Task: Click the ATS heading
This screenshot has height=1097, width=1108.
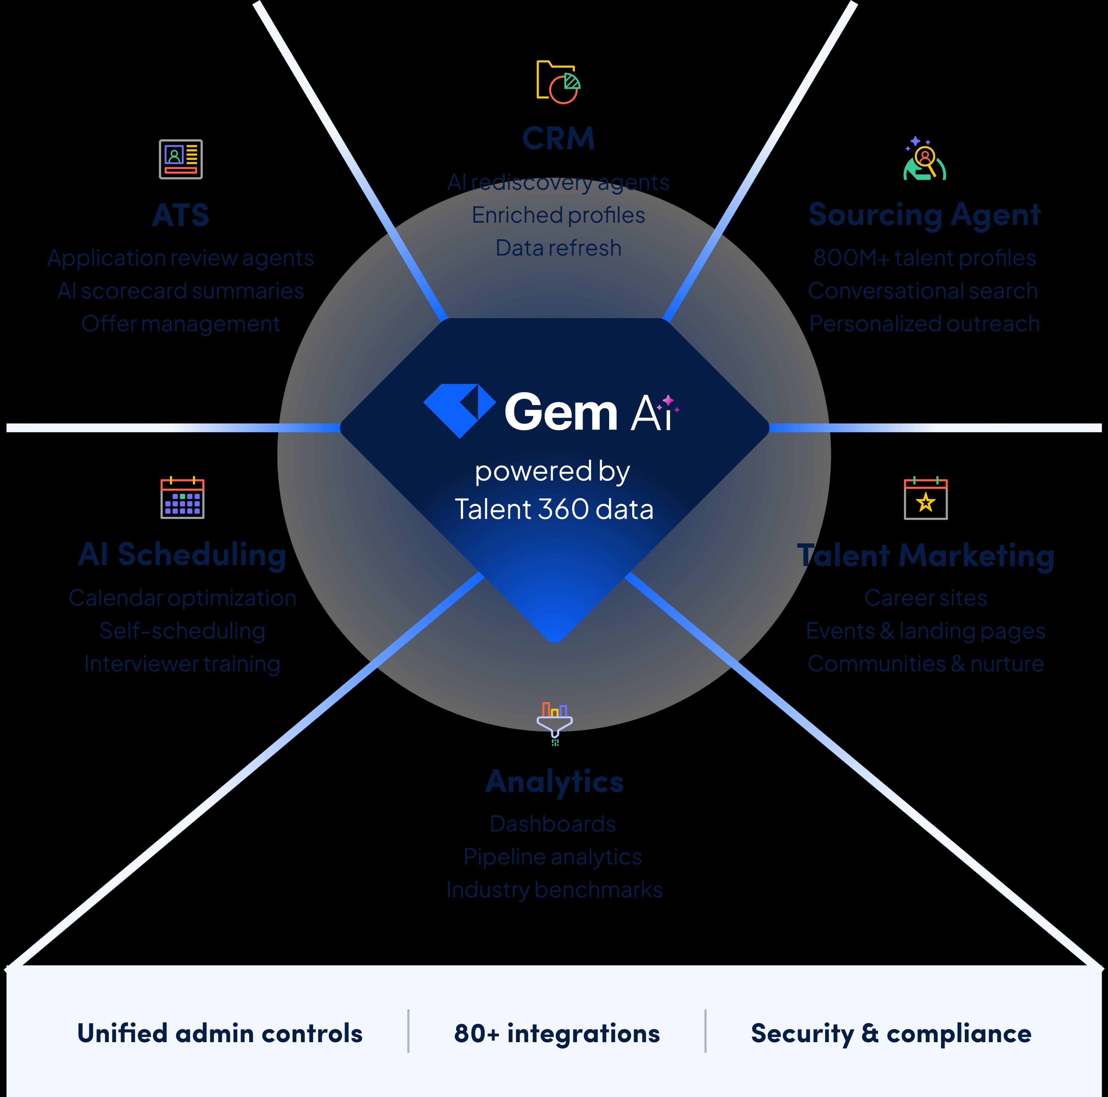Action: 181,215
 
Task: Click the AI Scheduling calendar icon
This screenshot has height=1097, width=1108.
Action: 182,497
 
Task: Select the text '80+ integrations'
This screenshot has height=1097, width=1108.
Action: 557,1033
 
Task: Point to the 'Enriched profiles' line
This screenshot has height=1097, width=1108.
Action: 558,215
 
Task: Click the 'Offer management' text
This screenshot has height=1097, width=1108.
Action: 181,324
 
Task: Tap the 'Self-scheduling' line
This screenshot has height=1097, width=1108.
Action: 182,630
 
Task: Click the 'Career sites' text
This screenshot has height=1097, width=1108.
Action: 926,598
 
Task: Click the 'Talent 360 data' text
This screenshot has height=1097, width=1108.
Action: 554,509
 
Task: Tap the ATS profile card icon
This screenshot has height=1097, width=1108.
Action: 181,159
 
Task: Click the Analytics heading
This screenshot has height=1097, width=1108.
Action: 555,781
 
